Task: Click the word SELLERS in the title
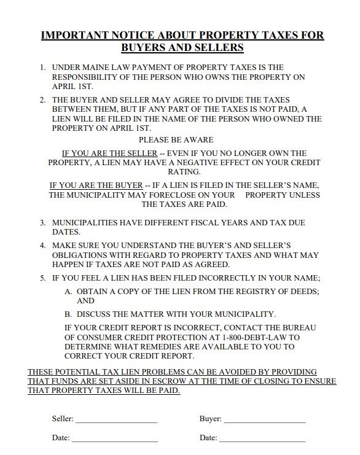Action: (x=219, y=48)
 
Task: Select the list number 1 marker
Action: (x=43, y=67)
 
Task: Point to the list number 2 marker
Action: (x=43, y=99)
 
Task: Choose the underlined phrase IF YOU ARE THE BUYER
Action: (x=95, y=185)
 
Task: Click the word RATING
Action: (x=185, y=173)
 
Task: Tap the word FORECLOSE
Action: (x=182, y=195)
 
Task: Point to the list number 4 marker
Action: (x=43, y=245)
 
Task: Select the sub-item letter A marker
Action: (x=68, y=291)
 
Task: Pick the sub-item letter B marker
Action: (x=68, y=314)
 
